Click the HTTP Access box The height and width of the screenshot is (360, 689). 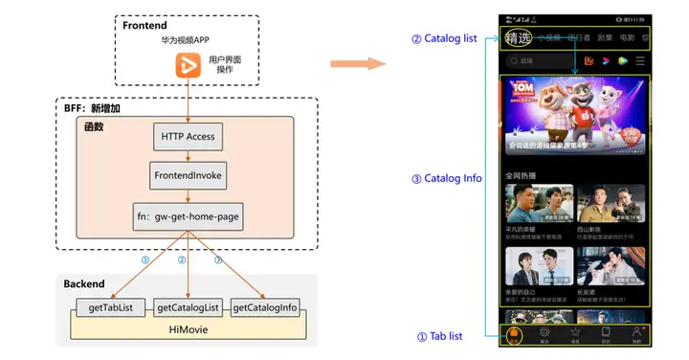[x=188, y=137]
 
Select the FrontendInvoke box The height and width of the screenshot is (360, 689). [x=188, y=175]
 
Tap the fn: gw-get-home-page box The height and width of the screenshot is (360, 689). [x=188, y=217]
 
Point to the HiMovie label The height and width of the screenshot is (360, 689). [x=188, y=327]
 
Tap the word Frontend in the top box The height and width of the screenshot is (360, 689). [x=145, y=25]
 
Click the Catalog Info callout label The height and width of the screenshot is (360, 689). [x=447, y=178]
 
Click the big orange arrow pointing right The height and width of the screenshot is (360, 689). [x=357, y=63]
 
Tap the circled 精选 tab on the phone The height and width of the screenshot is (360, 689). [x=518, y=39]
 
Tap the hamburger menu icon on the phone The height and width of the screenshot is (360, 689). [x=640, y=60]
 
